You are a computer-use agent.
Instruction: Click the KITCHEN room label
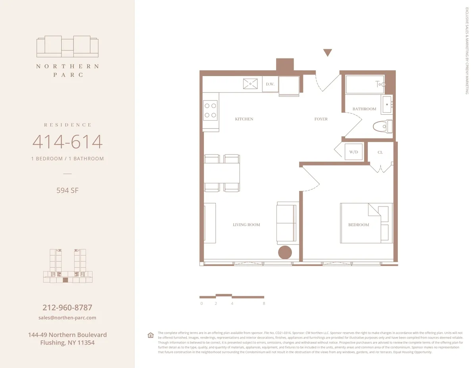click(x=244, y=119)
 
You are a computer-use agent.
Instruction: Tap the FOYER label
click(x=321, y=119)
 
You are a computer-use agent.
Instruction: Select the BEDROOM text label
click(x=359, y=225)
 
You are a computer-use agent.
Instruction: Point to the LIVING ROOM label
click(x=246, y=225)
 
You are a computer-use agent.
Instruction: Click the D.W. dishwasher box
click(x=270, y=84)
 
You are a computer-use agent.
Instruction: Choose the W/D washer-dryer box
click(x=353, y=152)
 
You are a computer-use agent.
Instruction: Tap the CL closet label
click(x=380, y=152)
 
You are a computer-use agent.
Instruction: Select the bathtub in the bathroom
click(x=365, y=84)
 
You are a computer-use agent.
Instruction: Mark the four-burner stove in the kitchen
click(x=210, y=111)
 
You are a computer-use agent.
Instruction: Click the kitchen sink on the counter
click(x=251, y=84)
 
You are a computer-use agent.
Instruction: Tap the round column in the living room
click(x=285, y=252)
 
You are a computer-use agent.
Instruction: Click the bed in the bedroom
click(x=366, y=223)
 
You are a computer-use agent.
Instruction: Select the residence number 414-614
click(x=67, y=142)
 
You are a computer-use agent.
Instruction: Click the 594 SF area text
click(x=67, y=190)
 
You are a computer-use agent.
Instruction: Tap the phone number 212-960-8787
click(x=67, y=308)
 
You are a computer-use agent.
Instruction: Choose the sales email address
click(x=67, y=318)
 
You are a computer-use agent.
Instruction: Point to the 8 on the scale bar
click(x=264, y=303)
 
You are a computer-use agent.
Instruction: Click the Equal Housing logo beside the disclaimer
click(x=151, y=335)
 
